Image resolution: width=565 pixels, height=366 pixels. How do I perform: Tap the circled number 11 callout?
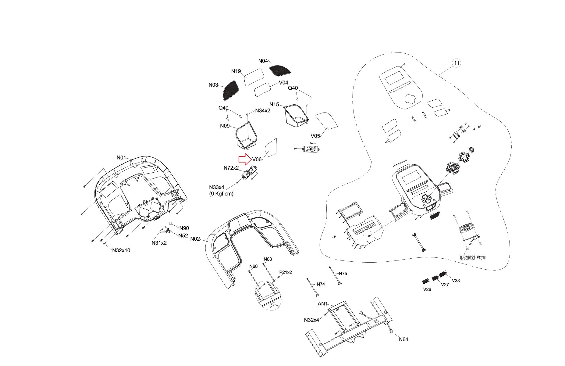click(457, 63)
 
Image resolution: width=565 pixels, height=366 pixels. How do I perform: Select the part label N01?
click(121, 158)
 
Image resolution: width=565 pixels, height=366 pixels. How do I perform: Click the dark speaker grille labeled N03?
click(230, 91)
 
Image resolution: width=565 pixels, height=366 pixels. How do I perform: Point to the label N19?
click(236, 71)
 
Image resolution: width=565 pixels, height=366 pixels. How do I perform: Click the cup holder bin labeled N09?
click(247, 136)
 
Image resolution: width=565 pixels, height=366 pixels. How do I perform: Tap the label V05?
click(315, 136)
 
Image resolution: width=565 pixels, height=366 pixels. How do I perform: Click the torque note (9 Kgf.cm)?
click(221, 194)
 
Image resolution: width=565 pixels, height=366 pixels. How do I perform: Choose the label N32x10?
click(121, 250)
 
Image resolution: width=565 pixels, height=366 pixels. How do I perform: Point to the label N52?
click(183, 235)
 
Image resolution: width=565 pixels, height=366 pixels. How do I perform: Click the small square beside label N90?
click(171, 223)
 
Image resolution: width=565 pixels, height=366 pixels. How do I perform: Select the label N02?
click(195, 239)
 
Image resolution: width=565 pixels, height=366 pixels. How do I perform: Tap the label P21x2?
click(286, 272)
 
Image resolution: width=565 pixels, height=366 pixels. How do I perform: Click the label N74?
click(321, 284)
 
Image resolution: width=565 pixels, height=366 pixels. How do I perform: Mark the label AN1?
click(322, 304)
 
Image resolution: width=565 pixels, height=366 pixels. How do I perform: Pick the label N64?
click(403, 339)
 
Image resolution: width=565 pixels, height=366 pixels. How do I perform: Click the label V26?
click(427, 289)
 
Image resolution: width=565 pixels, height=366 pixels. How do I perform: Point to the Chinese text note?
click(472, 258)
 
